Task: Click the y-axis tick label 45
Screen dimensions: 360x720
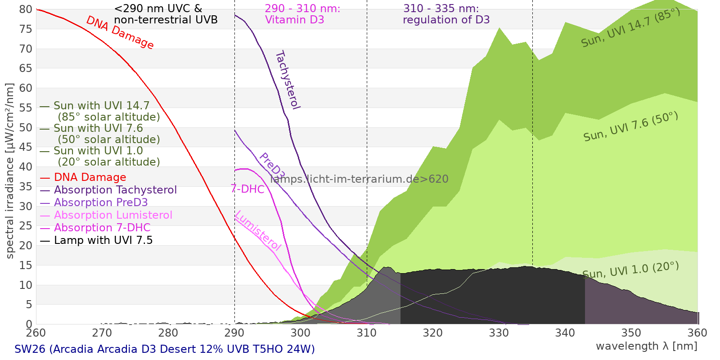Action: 26,147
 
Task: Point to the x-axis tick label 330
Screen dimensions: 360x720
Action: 499,333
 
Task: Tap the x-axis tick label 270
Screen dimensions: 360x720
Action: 102,333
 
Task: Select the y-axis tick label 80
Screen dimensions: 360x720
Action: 26,9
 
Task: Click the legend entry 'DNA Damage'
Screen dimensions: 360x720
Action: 90,177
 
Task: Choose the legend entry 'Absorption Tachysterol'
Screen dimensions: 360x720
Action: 115,190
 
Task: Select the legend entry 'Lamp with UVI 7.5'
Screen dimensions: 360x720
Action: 103,240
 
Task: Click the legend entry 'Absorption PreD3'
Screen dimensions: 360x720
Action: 100,202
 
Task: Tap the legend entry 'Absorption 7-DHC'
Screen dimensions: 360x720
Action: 102,228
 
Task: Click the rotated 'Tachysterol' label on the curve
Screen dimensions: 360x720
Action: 287,80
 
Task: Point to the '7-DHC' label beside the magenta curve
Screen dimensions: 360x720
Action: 247,189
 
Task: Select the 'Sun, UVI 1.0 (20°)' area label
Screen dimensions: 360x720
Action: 630,270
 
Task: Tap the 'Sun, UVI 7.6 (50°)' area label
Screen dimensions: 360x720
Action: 630,127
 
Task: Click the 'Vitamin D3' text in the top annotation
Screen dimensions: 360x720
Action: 294,20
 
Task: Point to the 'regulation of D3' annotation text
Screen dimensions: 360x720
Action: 446,20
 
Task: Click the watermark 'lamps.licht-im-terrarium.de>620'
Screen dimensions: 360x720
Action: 359,179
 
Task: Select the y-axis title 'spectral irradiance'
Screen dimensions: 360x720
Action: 10,171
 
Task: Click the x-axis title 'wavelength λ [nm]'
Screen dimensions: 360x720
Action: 646,346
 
